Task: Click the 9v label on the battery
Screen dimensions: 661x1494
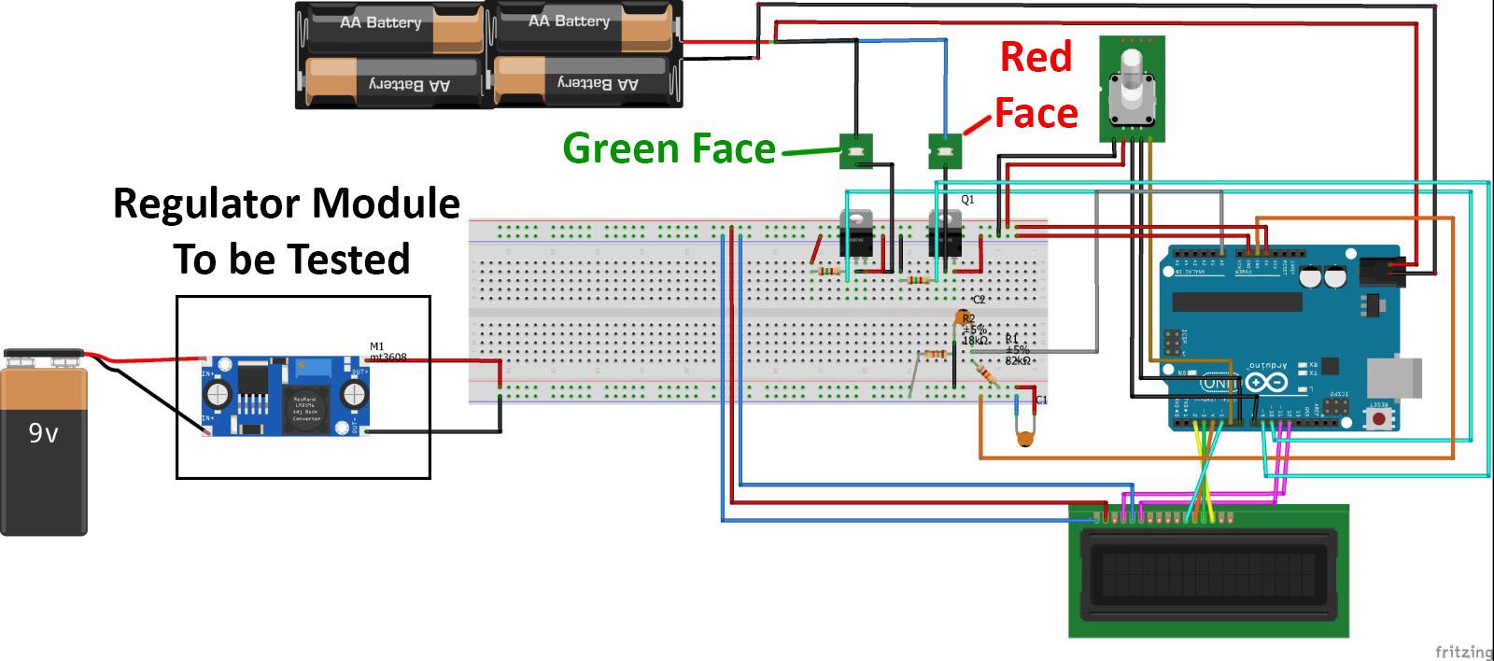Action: tap(43, 433)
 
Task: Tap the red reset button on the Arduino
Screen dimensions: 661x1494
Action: tap(1379, 416)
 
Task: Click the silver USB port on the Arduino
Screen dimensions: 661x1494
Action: tap(1394, 377)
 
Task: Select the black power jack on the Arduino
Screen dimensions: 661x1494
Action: tap(1380, 272)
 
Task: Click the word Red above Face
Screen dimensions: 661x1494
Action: tap(1036, 57)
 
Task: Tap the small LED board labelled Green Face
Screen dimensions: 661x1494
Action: tap(855, 150)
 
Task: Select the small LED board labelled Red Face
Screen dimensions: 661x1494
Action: tap(945, 150)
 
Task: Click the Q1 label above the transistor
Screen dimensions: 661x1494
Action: tap(967, 200)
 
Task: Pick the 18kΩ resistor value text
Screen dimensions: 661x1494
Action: tap(975, 342)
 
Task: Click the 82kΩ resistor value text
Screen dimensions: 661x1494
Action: tap(1018, 360)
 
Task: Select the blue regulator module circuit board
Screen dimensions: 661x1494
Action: tap(286, 397)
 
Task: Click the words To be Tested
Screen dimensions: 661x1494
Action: tap(291, 260)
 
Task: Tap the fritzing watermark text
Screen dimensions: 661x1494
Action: tap(1462, 651)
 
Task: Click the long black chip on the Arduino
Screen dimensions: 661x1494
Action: tap(1236, 301)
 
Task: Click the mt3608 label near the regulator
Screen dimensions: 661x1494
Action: tap(388, 358)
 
